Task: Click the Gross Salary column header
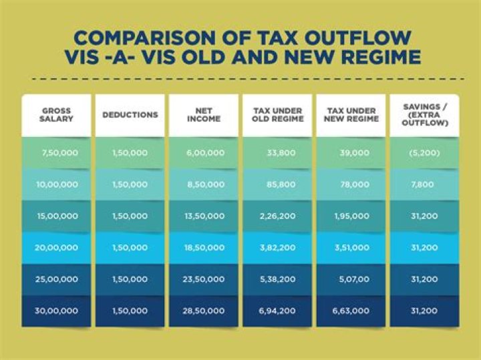tap(56, 114)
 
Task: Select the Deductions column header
tap(130, 114)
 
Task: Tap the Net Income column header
tap(203, 114)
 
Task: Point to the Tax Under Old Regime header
tap(278, 114)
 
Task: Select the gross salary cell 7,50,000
tap(59, 153)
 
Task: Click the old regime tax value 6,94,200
tap(278, 311)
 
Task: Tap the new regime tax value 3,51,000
tap(351, 248)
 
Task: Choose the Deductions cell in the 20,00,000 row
tap(130, 248)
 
